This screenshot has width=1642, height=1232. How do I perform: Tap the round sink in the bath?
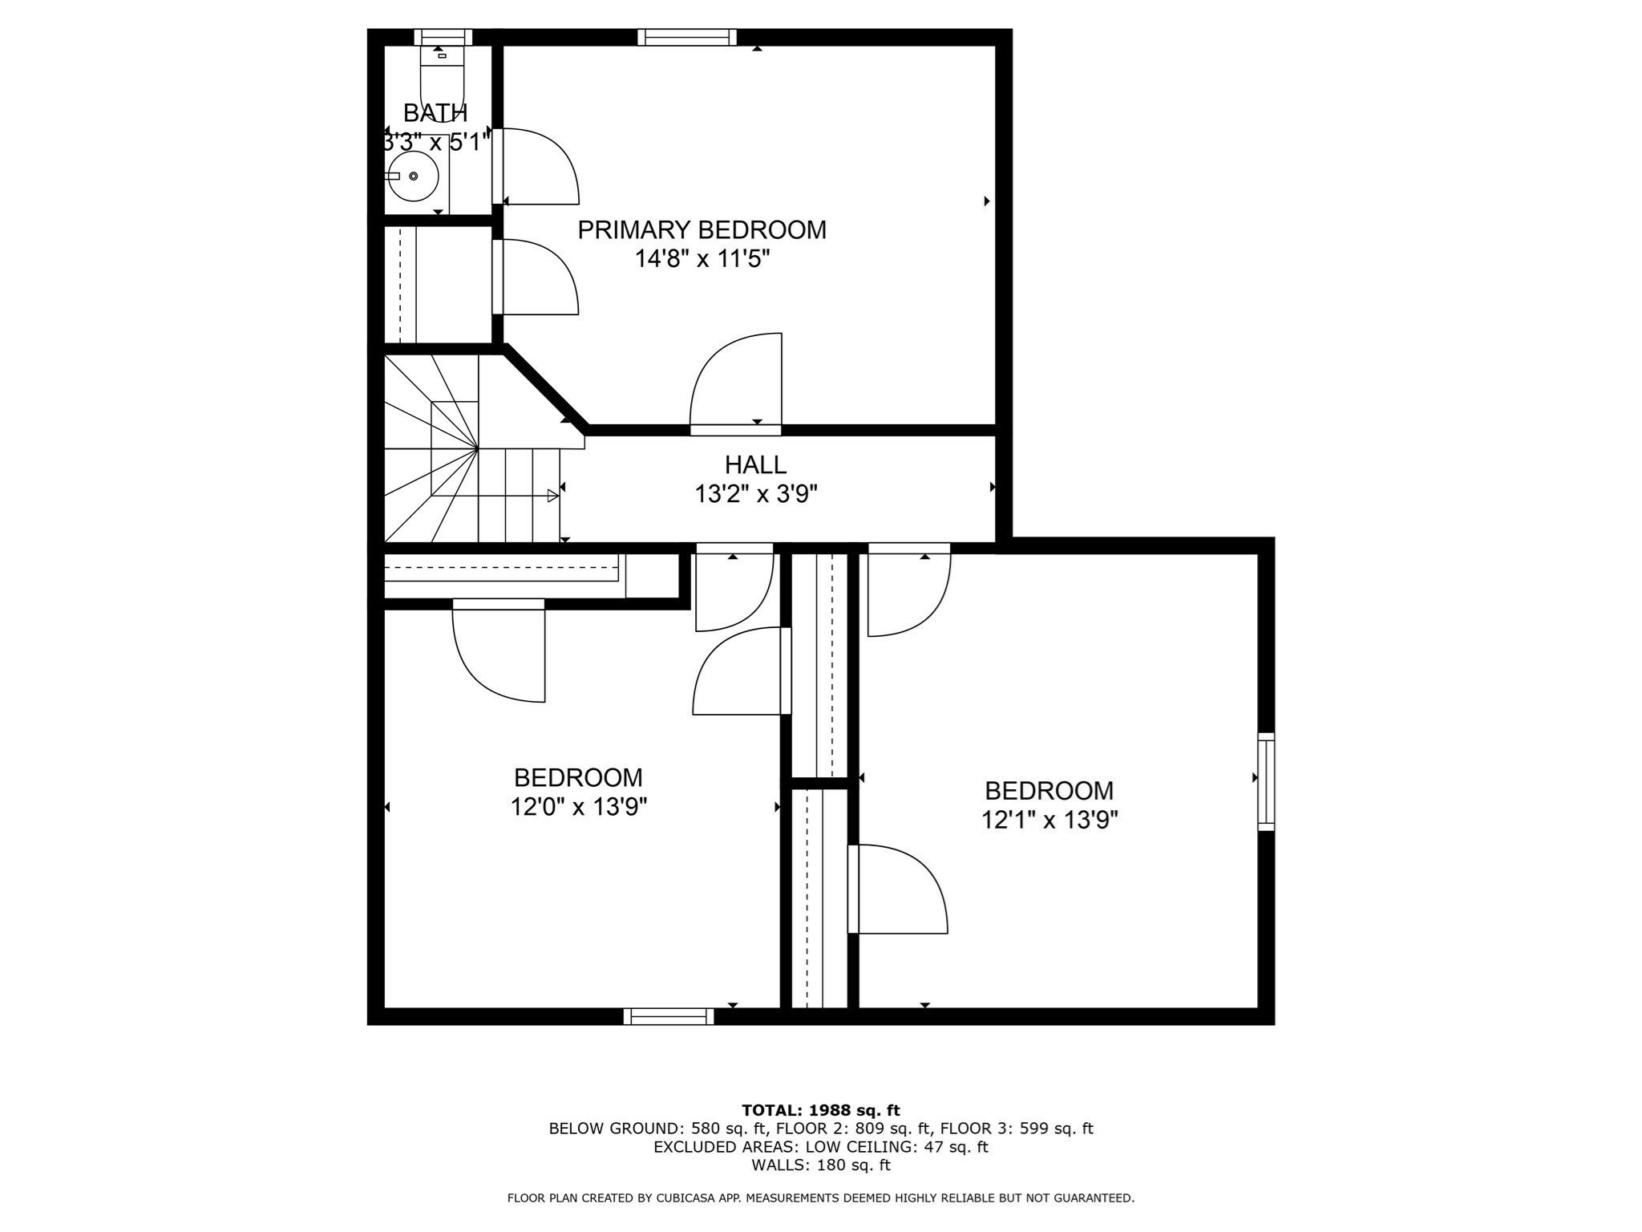click(x=413, y=176)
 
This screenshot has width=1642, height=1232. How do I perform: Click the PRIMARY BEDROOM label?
click(x=702, y=230)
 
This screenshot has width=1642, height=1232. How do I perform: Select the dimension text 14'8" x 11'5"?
click(x=702, y=259)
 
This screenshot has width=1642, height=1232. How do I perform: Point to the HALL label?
click(x=755, y=464)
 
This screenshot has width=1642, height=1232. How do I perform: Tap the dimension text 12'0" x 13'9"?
click(x=578, y=807)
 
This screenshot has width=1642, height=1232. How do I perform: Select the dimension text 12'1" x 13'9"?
click(x=1050, y=820)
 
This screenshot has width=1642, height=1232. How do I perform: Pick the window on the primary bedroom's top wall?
click(x=687, y=37)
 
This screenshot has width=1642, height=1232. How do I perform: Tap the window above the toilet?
click(x=443, y=37)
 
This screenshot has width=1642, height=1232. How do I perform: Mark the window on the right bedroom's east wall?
click(x=1265, y=781)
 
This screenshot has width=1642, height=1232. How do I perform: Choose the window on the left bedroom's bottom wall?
click(x=669, y=1016)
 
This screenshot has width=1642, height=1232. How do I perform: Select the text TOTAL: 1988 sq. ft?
click(x=820, y=1110)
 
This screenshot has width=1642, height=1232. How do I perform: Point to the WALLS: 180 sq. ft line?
click(x=820, y=1165)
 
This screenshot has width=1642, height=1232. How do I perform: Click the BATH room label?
click(x=435, y=113)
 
